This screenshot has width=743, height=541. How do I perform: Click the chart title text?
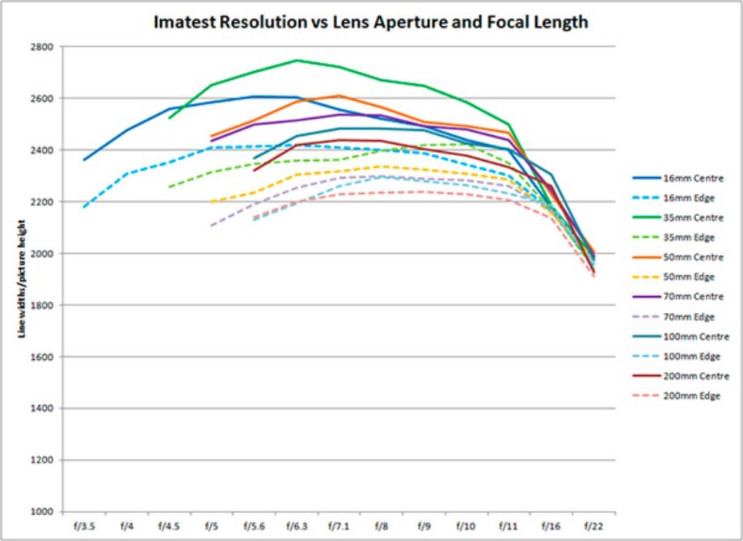click(x=371, y=22)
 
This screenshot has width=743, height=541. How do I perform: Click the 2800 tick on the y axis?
click(x=41, y=47)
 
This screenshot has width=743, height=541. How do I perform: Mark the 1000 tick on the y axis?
click(x=41, y=512)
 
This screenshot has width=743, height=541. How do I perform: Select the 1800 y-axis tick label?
click(x=41, y=305)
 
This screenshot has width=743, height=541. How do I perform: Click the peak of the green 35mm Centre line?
click(x=297, y=60)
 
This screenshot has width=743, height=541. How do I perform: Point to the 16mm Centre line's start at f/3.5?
click(x=83, y=159)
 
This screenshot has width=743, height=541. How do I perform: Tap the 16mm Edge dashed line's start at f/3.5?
click(x=83, y=207)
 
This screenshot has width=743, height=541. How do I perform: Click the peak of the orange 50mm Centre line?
click(x=339, y=95)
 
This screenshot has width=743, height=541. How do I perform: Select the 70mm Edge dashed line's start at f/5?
click(x=211, y=226)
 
